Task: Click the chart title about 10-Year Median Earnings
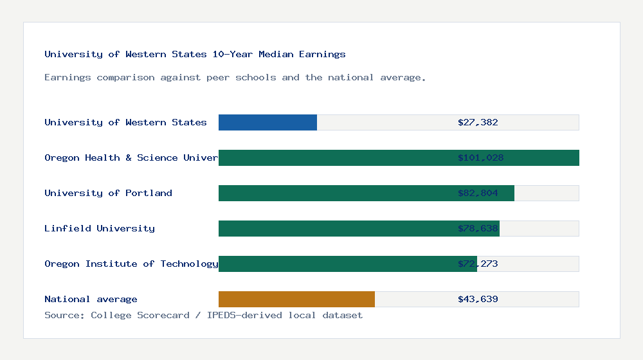coord(195,55)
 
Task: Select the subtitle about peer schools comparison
coord(235,78)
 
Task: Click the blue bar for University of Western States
coord(267,122)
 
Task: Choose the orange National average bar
coord(296,299)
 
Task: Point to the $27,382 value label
coord(478,122)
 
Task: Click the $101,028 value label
coord(480,157)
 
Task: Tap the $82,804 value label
coord(478,193)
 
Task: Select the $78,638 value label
coord(478,228)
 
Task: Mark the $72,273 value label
coord(478,264)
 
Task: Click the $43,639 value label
coord(478,299)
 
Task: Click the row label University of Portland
coord(108,193)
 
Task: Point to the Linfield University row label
coord(100,228)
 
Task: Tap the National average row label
coord(91,299)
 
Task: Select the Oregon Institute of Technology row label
coord(131,264)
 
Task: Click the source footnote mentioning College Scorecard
coord(203,316)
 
